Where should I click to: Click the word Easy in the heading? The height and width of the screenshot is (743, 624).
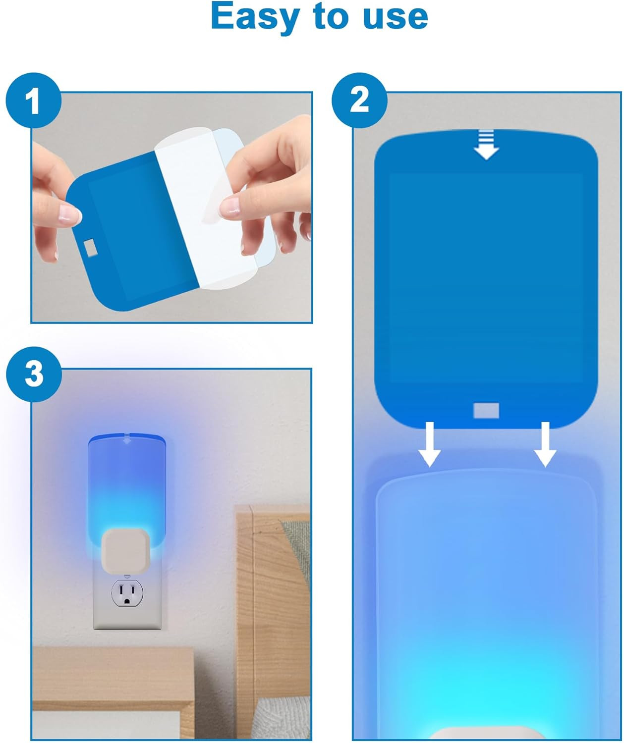pyautogui.click(x=255, y=17)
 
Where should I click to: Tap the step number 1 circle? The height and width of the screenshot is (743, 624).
pyautogui.click(x=34, y=101)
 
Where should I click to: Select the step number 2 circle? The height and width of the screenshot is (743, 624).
pyautogui.click(x=360, y=101)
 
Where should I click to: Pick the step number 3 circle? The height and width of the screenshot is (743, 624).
pyautogui.click(x=34, y=374)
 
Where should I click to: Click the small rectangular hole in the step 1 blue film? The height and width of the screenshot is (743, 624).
pyautogui.click(x=91, y=247)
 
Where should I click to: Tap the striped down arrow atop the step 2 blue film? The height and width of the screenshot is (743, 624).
pyautogui.click(x=486, y=145)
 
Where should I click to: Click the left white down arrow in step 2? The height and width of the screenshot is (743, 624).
pyautogui.click(x=430, y=444)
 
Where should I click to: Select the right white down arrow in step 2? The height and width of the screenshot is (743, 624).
pyautogui.click(x=545, y=444)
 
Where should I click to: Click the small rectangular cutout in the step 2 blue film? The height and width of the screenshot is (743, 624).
pyautogui.click(x=486, y=410)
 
